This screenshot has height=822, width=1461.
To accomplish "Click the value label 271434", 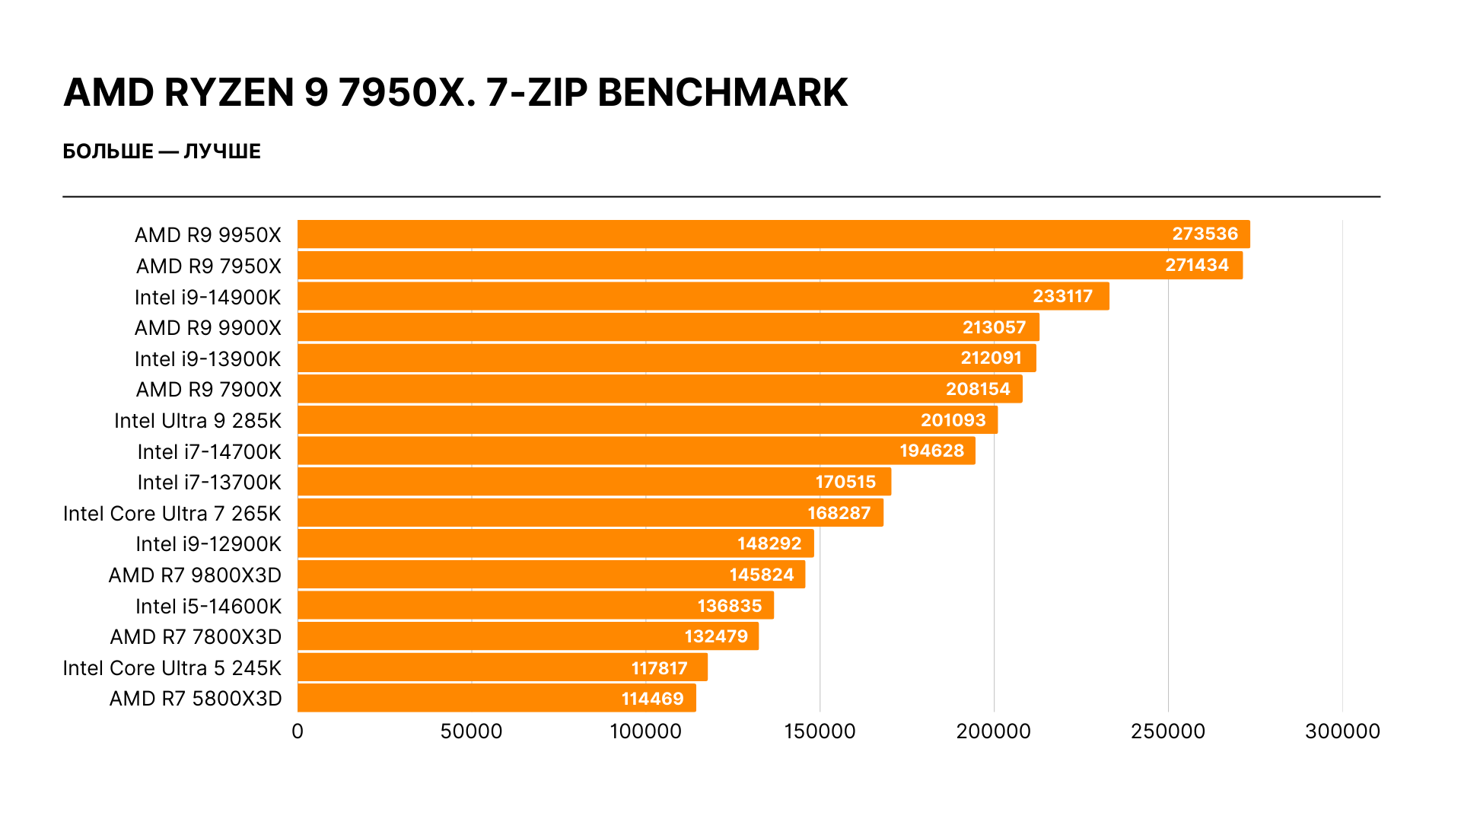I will point(1197,265).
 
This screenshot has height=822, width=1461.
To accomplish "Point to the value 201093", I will point(953,420).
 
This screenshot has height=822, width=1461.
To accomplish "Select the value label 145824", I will point(761,575).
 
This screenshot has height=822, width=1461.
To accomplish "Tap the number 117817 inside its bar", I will point(659,668).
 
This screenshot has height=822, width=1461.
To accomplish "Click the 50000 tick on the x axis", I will point(471,731).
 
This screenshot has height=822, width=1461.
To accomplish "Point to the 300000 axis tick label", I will point(1342,731).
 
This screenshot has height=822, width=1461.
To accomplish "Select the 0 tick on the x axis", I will point(298,731).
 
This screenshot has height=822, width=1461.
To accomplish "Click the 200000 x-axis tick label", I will point(993,731).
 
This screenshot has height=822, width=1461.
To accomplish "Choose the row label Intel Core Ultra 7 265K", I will point(172,514).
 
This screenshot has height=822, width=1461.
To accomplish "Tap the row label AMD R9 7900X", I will point(208,390).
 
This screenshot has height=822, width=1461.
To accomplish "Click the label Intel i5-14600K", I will point(208,607).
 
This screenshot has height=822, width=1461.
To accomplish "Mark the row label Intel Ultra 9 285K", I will point(198,421).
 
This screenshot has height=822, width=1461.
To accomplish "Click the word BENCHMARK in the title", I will point(722,93).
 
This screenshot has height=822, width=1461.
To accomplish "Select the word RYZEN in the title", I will point(229,93).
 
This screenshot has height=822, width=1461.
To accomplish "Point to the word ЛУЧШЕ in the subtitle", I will point(222,151).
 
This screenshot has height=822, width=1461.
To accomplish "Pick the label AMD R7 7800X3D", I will point(196,637).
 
